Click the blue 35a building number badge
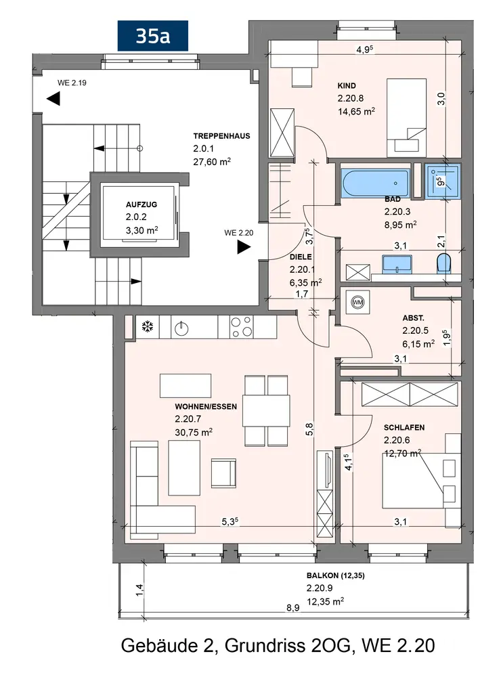(x=152, y=36)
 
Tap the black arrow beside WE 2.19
(x=53, y=99)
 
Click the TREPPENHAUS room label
(x=221, y=136)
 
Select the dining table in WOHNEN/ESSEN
(x=266, y=409)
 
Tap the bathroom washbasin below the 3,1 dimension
(x=393, y=263)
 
